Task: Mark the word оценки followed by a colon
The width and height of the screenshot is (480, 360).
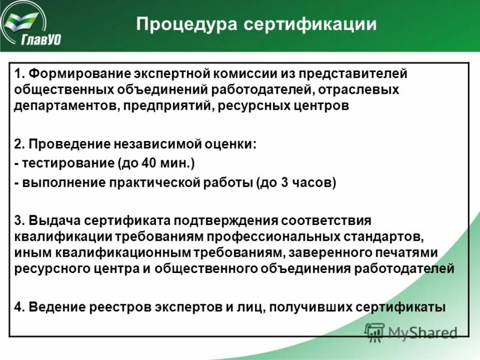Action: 227,145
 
